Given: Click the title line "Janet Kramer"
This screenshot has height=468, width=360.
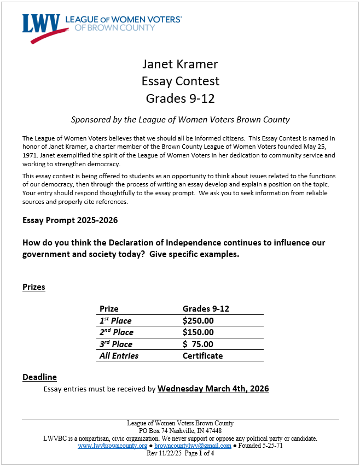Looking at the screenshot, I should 180,64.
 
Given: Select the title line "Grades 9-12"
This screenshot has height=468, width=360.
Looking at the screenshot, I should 180,98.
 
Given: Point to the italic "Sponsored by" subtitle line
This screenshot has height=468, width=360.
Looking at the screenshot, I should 180,119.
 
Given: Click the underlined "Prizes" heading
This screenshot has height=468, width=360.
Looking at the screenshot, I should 34,286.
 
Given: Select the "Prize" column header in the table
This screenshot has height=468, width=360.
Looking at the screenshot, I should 109,308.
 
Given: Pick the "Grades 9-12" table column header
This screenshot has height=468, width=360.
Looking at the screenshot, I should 206,308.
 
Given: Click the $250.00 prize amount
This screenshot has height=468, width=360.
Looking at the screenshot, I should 198,320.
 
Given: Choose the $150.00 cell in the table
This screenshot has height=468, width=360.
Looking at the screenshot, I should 198,332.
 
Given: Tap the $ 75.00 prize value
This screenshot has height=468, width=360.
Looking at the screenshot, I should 198,344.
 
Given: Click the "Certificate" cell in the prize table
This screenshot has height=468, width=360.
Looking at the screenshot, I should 202,355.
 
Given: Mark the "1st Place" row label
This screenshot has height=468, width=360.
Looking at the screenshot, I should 115,320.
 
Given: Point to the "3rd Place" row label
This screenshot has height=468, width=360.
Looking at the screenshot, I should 115,344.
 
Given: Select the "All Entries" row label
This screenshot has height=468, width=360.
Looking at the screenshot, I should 119,355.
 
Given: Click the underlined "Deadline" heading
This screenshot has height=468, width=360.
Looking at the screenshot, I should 39,377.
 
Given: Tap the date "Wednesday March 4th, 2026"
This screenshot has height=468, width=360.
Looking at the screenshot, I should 213,389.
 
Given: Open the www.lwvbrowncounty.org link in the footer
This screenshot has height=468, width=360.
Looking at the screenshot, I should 112,446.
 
